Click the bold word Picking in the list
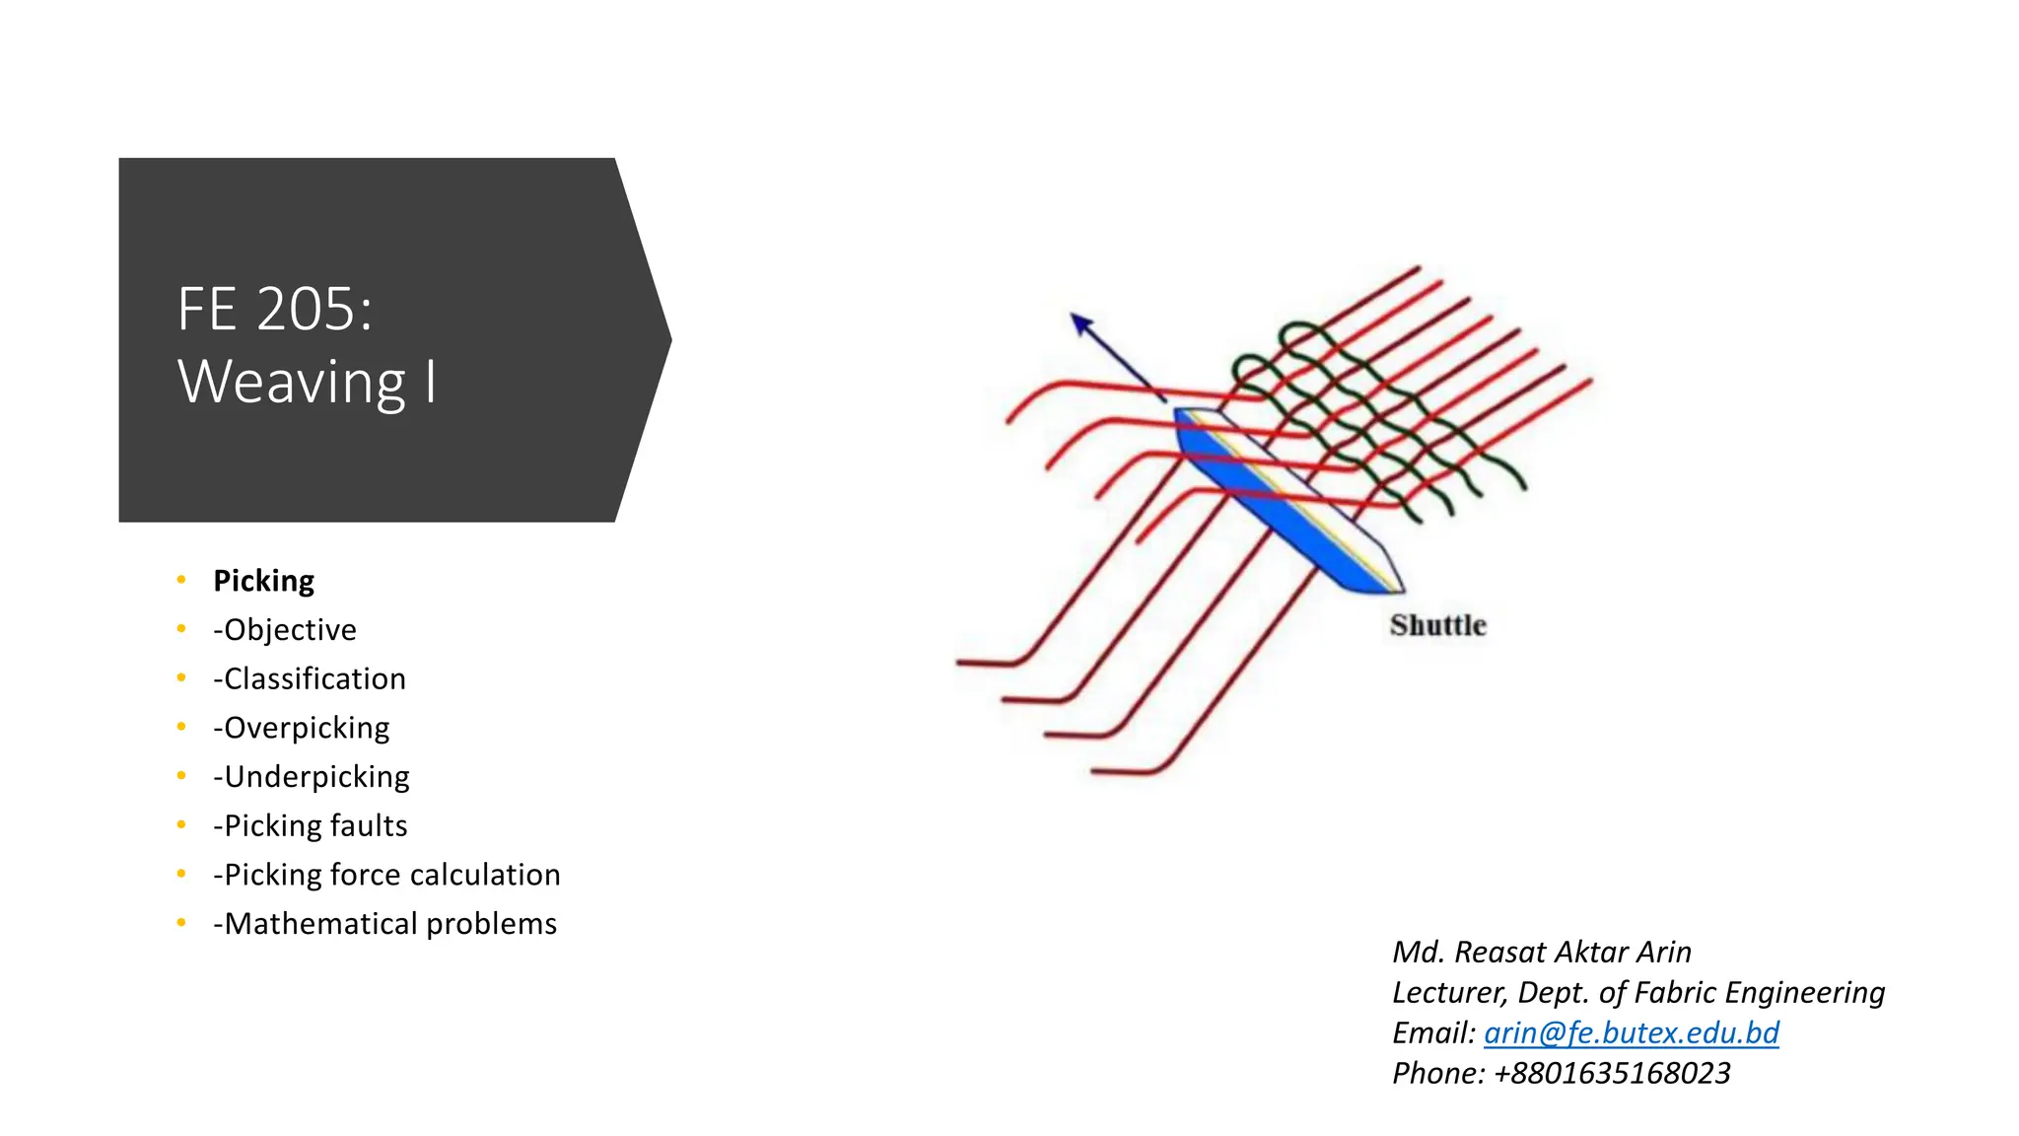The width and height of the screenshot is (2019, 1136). click(x=263, y=581)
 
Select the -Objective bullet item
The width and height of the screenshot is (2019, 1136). click(x=285, y=629)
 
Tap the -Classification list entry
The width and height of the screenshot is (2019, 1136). click(x=310, y=678)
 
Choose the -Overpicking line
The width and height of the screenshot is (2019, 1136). click(x=302, y=728)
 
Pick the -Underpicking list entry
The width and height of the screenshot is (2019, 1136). click(x=312, y=777)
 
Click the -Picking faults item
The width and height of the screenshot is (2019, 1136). click(x=311, y=825)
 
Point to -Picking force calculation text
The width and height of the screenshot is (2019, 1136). click(x=386, y=875)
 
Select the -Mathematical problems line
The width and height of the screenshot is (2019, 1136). click(x=385, y=924)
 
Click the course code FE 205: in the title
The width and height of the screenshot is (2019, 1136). click(x=275, y=310)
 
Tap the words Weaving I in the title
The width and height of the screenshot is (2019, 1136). click(x=307, y=382)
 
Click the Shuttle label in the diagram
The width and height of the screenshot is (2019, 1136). click(x=1437, y=625)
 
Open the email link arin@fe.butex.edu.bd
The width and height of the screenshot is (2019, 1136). click(x=1631, y=1032)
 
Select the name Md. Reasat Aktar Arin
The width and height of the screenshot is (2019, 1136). click(x=1541, y=952)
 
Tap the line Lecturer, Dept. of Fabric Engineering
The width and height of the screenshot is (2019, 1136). click(x=1637, y=992)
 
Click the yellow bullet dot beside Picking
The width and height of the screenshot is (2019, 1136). click(x=181, y=580)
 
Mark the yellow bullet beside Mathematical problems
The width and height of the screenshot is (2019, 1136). click(x=181, y=923)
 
